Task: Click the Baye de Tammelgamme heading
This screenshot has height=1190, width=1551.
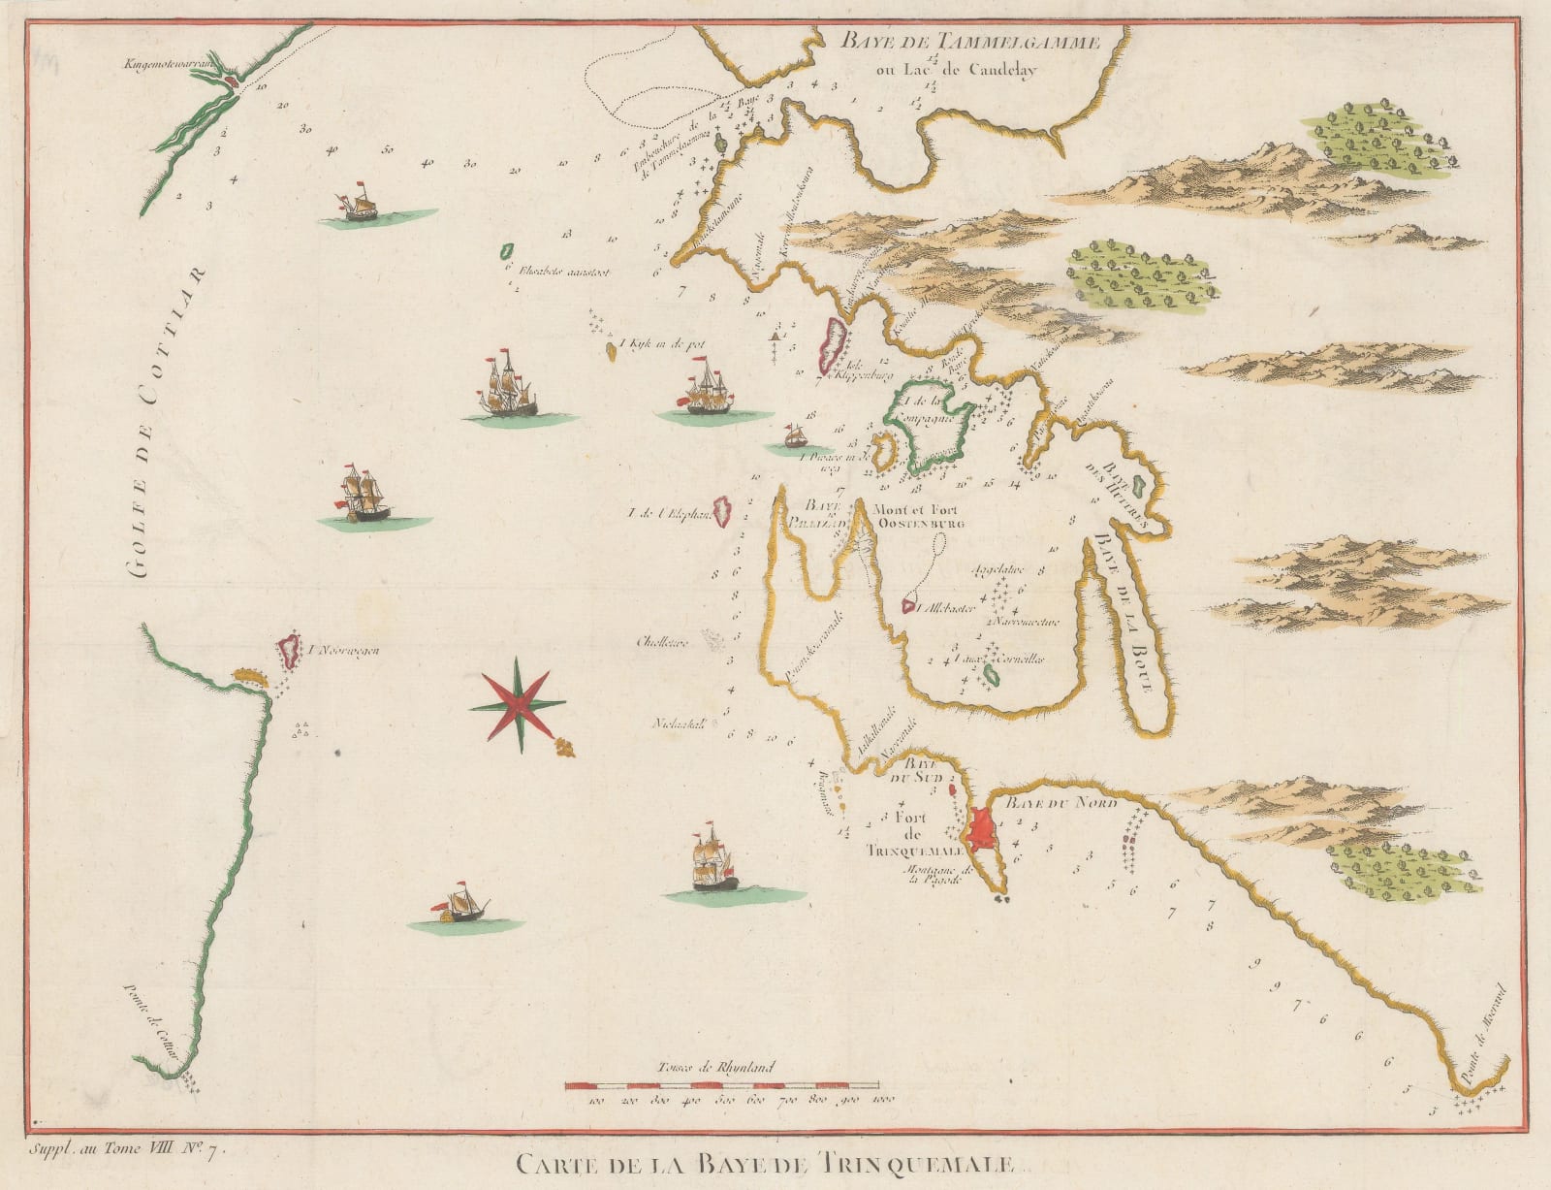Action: (970, 42)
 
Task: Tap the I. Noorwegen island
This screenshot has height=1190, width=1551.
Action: (288, 650)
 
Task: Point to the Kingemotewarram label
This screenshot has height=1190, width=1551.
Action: (167, 65)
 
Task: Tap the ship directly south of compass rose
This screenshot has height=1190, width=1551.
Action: (712, 863)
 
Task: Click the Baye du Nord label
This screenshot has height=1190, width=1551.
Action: (1061, 804)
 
